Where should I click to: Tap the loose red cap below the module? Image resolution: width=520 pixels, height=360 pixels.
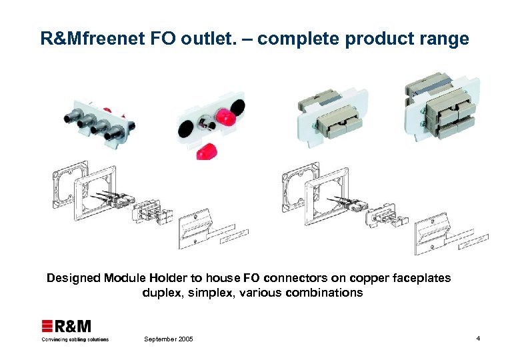[207, 150]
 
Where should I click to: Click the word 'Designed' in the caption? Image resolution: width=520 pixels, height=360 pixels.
[73, 277]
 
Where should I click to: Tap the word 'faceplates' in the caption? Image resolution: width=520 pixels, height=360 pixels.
[419, 277]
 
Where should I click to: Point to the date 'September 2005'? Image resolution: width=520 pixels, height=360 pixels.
[168, 339]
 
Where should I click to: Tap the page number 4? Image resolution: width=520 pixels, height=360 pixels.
[478, 339]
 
